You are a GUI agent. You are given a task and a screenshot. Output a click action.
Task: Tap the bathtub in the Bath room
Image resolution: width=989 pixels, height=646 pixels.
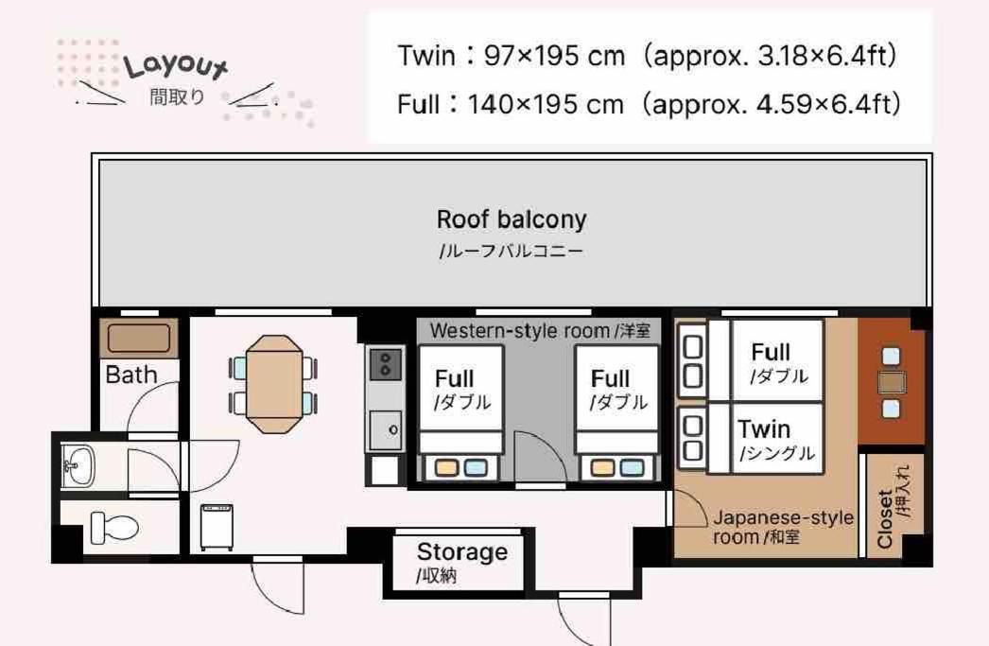139,339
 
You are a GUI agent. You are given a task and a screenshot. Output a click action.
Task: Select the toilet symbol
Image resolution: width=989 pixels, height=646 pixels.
114,528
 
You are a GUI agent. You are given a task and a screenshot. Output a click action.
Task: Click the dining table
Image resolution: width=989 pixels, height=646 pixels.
274,384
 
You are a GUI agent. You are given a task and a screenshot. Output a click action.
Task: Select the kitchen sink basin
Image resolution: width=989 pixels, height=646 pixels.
386,430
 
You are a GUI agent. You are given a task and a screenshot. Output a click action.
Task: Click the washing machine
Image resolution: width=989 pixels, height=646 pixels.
217,527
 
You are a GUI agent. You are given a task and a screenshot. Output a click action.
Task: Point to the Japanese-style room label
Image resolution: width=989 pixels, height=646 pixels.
783,528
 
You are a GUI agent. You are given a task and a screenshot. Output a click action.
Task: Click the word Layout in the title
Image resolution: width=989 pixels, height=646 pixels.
175,65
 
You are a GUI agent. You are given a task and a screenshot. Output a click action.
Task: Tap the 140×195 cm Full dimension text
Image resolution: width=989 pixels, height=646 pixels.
546,104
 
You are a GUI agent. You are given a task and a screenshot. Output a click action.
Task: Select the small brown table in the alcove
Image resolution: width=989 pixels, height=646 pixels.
892,382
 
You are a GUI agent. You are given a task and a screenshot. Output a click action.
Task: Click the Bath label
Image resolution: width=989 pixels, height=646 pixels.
131,375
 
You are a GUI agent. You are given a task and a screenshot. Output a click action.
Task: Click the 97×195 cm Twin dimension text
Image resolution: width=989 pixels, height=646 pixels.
554,56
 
